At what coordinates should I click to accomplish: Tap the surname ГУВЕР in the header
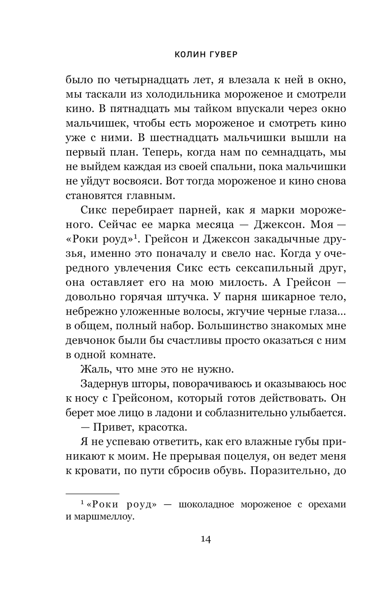(222, 55)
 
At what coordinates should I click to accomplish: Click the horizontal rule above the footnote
(92, 493)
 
